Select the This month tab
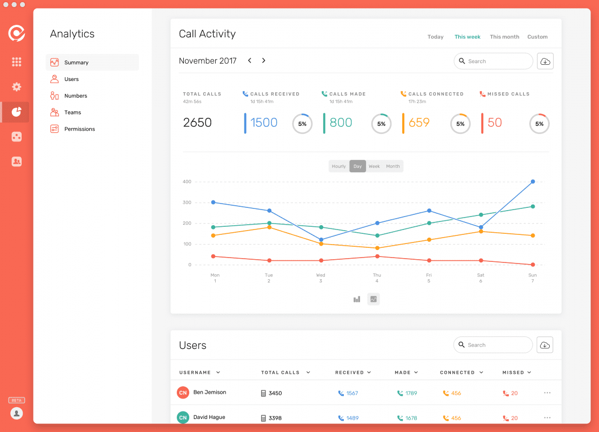504,37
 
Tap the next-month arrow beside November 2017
264,60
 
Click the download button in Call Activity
545,61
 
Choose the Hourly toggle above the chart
339,166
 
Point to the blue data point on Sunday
533,181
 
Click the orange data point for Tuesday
269,227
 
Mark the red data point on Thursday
377,256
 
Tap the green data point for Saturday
481,215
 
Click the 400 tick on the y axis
187,181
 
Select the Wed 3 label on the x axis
321,278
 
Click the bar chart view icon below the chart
357,299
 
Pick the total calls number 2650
197,123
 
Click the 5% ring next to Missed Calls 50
539,124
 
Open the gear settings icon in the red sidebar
16,86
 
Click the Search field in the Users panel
493,345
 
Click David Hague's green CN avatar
183,417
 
